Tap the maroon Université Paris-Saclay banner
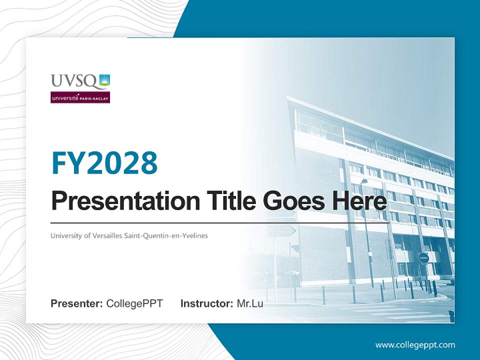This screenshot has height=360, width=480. pos(80,97)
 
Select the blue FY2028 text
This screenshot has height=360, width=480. pos(104,162)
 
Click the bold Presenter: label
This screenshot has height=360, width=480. pos(77,303)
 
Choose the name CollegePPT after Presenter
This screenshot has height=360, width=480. pos(134,303)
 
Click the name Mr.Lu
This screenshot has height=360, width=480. pos(250,303)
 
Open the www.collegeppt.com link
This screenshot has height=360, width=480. pos(415,344)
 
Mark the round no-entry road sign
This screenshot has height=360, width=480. pos(423,258)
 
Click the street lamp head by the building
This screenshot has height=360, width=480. pos(364,181)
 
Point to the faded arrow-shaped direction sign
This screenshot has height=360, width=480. pos(281,230)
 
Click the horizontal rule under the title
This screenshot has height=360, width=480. pos(220,222)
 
